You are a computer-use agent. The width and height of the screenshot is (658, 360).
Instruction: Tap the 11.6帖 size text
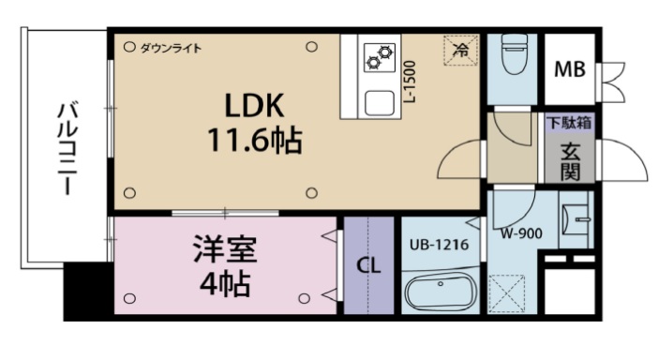(x=253, y=142)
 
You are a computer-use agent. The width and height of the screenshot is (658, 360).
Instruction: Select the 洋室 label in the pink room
(x=224, y=250)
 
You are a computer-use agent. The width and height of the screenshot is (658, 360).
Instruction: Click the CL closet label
(x=368, y=265)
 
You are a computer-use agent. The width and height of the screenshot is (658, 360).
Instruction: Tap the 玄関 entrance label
(x=569, y=159)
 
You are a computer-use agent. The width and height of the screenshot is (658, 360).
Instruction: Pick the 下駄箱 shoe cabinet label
(x=569, y=123)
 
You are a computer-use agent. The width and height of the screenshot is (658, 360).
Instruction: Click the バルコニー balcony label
(x=67, y=147)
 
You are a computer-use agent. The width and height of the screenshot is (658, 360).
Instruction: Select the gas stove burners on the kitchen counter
(x=380, y=57)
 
